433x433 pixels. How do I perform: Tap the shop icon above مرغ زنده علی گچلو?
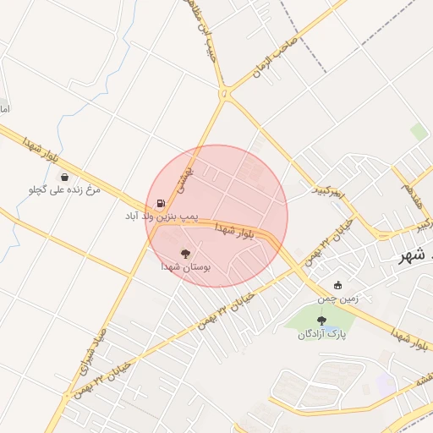[65, 177]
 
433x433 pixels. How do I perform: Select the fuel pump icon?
[161, 204]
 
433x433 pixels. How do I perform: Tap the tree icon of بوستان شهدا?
[186, 252]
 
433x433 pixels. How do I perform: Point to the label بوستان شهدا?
[186, 266]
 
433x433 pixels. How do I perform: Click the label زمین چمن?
[338, 299]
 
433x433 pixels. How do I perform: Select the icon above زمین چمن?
[338, 285]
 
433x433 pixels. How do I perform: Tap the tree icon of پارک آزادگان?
[321, 320]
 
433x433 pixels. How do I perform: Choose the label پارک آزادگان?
[321, 334]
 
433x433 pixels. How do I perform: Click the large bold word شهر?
[415, 256]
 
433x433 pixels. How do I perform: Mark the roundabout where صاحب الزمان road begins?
[225, 92]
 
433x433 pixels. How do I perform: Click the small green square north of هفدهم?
[419, 132]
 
